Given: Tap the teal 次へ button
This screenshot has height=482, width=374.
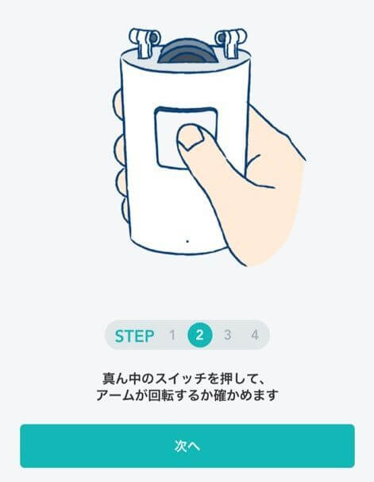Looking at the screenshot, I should [187, 445].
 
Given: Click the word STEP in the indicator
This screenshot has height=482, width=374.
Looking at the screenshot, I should [134, 336].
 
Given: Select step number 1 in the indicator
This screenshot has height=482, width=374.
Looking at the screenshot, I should [172, 336].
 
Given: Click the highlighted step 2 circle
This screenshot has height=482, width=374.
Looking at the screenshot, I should [199, 336].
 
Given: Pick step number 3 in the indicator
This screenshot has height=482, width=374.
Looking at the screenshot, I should [227, 336].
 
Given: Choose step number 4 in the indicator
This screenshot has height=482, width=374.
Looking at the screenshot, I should [254, 336].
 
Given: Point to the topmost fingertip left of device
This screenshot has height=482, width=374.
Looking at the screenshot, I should [118, 103].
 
